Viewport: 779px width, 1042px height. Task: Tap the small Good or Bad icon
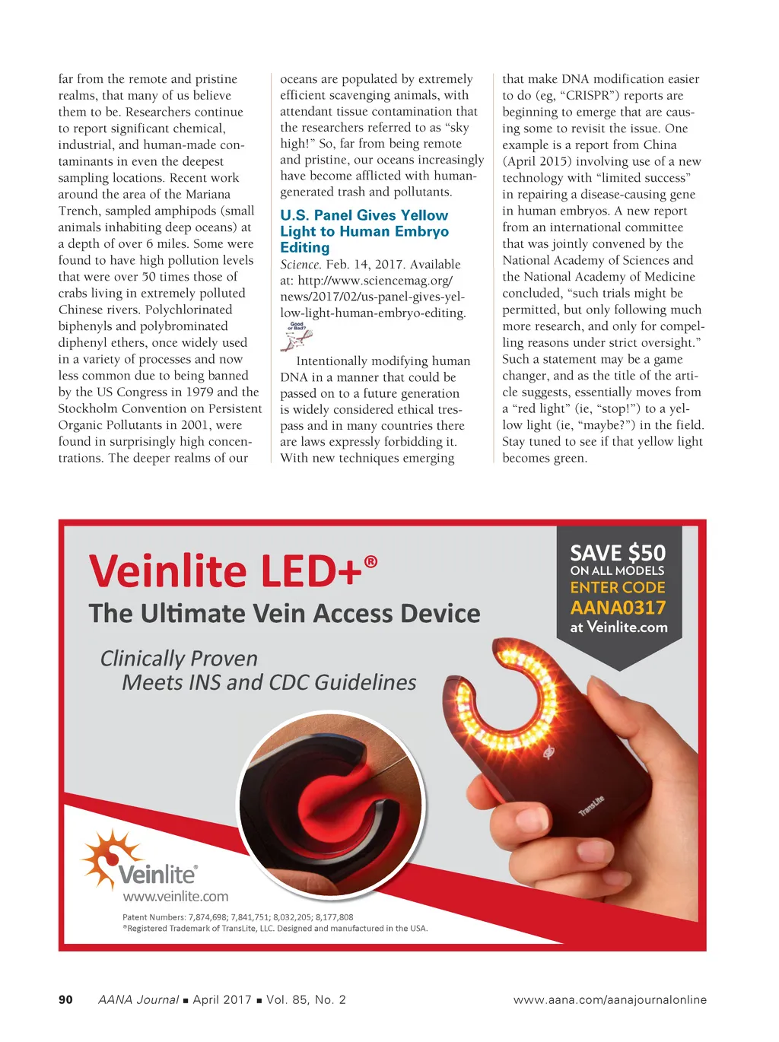(x=297, y=336)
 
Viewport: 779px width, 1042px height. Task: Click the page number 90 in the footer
(x=65, y=999)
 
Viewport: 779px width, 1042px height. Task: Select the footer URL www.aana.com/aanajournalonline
(x=609, y=999)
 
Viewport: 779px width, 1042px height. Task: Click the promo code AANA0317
(x=618, y=608)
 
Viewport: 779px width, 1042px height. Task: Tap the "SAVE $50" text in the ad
(x=618, y=553)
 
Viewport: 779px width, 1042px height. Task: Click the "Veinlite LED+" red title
(x=225, y=571)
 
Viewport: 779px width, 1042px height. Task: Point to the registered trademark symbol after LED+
(x=370, y=561)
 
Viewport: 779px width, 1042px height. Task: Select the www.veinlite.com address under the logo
(x=175, y=896)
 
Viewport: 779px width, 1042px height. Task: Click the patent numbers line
(x=237, y=917)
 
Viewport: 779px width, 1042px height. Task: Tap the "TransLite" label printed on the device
(x=591, y=805)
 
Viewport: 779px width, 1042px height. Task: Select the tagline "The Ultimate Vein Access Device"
(x=285, y=614)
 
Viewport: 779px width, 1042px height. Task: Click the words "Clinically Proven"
(x=179, y=658)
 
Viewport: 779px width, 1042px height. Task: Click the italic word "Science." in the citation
(x=300, y=265)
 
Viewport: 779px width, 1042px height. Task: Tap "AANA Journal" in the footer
(x=138, y=999)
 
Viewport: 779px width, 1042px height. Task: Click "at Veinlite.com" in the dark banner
(x=618, y=627)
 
